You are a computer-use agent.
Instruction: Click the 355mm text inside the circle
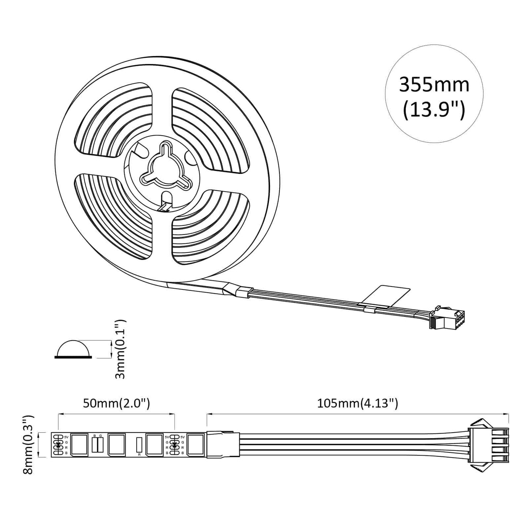pos(434,85)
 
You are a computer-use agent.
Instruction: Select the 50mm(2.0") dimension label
pos(116,403)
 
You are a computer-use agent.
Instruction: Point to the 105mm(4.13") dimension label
pos(357,403)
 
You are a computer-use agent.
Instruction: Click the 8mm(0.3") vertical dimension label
pos(28,444)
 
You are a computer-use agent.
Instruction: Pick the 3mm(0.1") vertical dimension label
pos(120,349)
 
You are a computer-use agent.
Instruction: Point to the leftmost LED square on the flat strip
pos(79,445)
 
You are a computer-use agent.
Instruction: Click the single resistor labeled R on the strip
pos(139,445)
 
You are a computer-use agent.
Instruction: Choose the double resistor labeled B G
pos(97,444)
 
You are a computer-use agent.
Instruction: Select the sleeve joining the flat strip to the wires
pos(223,444)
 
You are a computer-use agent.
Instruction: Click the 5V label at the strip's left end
pos(66,437)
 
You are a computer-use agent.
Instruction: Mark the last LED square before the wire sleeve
pos(195,445)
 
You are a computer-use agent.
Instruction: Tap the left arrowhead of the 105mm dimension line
pos(209,414)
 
